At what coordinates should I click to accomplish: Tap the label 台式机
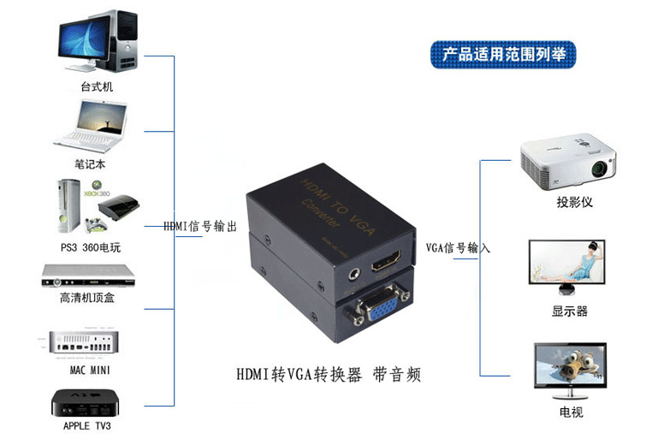coord(97,87)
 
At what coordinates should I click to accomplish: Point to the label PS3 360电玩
coord(92,248)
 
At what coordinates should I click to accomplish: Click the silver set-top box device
coord(89,276)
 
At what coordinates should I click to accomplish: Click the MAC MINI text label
coord(90,370)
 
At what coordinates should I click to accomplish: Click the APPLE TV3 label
coord(87,425)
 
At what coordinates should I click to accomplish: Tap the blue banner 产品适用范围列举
coord(503,54)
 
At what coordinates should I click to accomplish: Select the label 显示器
coord(570,311)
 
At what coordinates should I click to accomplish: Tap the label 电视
coord(571,412)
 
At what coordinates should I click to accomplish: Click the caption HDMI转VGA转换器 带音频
coord(329,376)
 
